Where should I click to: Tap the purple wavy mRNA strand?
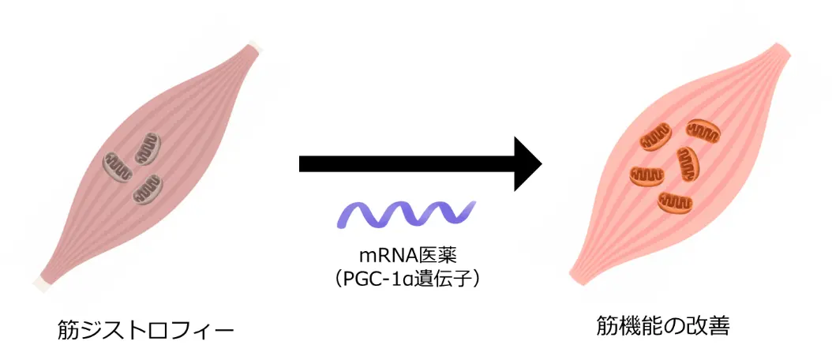tap(407, 214)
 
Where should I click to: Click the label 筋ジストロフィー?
tap(146, 329)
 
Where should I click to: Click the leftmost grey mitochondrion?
tap(120, 166)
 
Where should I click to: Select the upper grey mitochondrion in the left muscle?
tap(148, 146)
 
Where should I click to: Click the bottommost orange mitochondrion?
tap(675, 202)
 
